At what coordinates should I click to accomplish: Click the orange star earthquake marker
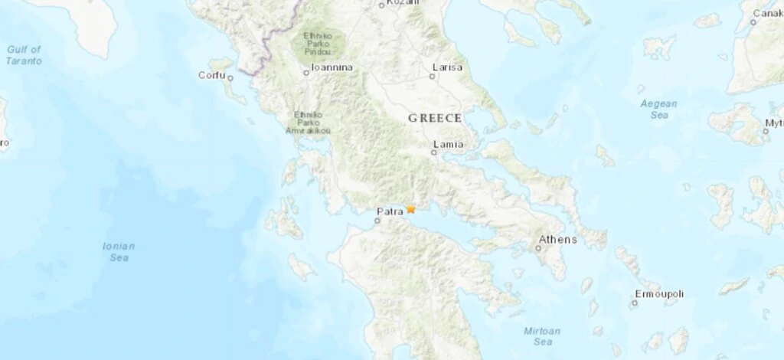click(411, 208)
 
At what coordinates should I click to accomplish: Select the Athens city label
click(557, 240)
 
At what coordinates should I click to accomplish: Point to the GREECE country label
click(435, 118)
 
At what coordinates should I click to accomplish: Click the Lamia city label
click(448, 143)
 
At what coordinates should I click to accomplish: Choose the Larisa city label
click(447, 67)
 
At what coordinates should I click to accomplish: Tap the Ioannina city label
click(332, 68)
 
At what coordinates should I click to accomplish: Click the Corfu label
click(211, 75)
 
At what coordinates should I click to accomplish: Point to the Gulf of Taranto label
click(24, 54)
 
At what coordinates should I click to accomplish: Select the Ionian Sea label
click(119, 252)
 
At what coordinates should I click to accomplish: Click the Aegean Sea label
click(659, 109)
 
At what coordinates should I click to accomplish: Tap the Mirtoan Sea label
click(542, 336)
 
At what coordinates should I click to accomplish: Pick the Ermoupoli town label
click(659, 294)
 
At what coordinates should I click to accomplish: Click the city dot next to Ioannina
click(306, 73)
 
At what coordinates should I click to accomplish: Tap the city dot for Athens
click(542, 248)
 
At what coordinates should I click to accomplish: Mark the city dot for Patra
click(377, 221)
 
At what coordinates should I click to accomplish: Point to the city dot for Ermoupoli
click(634, 303)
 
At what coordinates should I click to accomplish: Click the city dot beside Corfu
click(230, 77)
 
